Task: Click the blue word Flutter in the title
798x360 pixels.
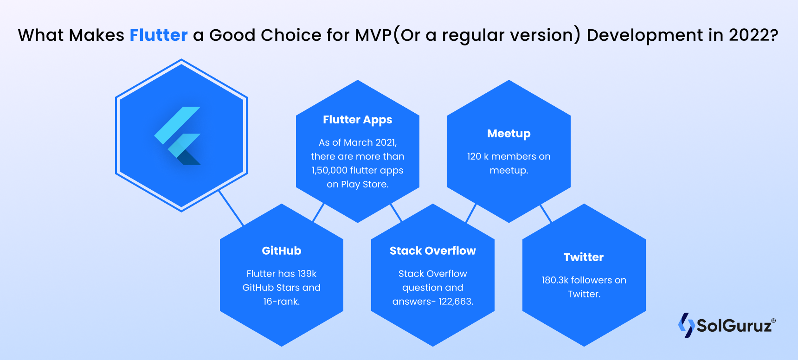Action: coord(158,35)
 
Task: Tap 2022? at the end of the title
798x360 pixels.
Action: coord(753,35)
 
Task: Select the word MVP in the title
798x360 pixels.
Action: coord(373,35)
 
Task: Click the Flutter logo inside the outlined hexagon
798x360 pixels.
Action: coord(178,135)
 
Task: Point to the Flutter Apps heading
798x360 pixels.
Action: coord(357,120)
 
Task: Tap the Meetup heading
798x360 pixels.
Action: coord(508,134)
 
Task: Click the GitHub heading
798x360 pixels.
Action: coord(281,251)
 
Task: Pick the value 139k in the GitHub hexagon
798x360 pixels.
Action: coord(307,274)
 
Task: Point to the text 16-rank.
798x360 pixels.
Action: coord(281,302)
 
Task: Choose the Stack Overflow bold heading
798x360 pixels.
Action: coord(432,251)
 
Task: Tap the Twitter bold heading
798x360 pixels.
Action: coord(583,257)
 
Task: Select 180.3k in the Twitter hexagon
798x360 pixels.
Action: coord(555,280)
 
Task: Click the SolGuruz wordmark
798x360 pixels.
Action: coord(734,326)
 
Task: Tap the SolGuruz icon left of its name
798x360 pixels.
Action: coord(686,325)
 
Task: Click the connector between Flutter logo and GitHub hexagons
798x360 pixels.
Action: coord(231,208)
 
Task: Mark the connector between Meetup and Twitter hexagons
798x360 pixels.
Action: coord(546,214)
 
